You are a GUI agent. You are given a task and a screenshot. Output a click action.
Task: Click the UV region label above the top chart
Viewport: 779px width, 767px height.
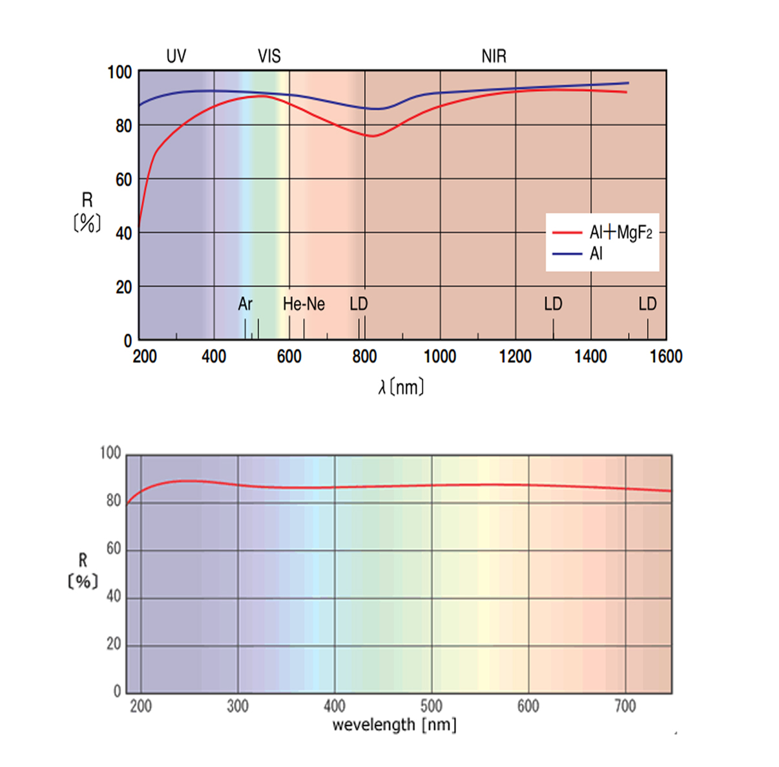176,56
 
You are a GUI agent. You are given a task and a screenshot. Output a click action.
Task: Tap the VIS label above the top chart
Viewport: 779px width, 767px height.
269,56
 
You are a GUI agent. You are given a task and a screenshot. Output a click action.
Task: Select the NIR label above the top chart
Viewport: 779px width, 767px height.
493,56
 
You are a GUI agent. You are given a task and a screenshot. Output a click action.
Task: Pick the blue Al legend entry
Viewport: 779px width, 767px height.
596,254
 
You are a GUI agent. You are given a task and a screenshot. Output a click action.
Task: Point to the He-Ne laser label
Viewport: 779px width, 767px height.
304,304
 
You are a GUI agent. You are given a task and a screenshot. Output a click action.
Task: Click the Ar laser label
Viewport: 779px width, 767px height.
245,304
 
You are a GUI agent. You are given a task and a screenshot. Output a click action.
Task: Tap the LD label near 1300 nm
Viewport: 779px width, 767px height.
553,304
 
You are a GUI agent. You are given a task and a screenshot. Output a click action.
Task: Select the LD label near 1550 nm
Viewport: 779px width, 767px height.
647,304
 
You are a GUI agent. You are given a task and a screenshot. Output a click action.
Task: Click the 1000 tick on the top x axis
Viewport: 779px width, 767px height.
440,357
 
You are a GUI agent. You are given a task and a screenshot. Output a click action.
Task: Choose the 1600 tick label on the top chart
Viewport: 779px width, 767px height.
666,357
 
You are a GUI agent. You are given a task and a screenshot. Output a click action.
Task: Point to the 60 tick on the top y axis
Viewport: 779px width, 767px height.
123,180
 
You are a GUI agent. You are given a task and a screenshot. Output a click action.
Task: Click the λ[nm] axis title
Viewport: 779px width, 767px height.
401,387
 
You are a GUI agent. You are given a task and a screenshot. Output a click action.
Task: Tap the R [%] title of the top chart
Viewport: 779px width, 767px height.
87,212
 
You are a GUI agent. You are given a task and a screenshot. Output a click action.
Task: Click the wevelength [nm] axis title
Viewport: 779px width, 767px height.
394,725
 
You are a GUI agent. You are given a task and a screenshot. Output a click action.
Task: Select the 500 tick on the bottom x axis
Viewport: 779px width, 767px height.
431,706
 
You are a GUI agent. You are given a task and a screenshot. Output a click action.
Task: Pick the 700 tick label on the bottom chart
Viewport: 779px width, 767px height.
625,706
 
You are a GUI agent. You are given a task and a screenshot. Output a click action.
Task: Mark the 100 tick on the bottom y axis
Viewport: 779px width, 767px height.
110,453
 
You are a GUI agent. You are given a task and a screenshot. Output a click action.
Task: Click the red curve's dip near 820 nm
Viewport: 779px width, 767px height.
373,136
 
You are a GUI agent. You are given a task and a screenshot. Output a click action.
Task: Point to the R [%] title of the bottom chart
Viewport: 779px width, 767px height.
83,571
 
